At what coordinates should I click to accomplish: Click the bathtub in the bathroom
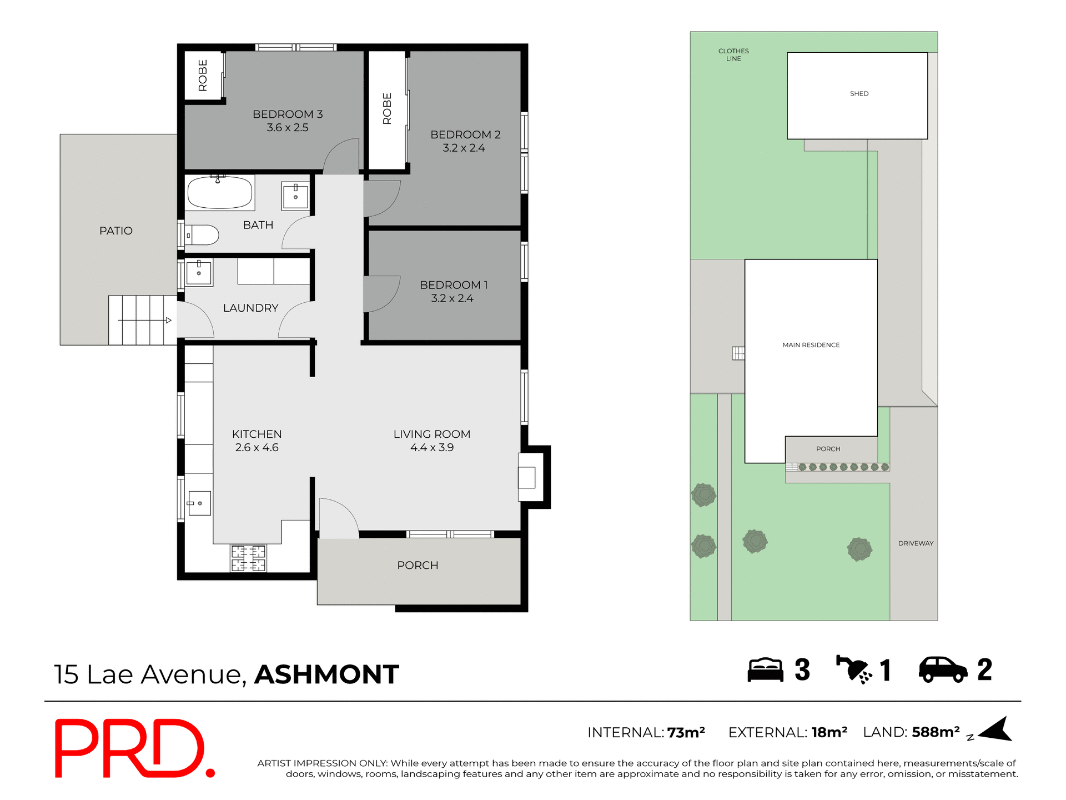220,193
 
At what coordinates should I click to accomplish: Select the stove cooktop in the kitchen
249,558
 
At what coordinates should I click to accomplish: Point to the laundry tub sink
199,272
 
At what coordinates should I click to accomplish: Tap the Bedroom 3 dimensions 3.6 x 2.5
287,128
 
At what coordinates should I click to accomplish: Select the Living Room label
431,434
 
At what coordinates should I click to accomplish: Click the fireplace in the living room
527,477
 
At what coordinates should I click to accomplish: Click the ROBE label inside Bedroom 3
203,75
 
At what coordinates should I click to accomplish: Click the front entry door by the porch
338,519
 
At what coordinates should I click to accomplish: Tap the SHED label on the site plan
859,94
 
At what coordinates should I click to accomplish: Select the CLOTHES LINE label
733,54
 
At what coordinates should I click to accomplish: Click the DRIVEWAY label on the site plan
916,543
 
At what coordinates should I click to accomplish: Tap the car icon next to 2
942,669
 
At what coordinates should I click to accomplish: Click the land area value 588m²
936,732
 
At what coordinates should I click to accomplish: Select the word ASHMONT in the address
326,674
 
